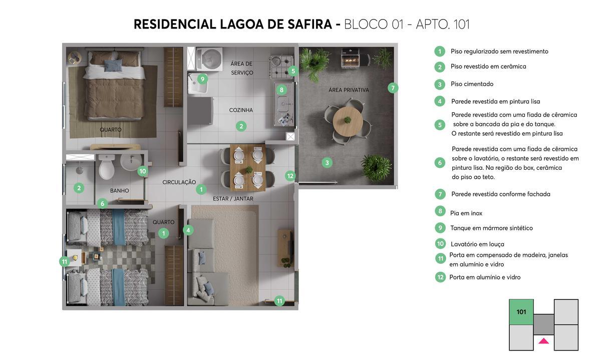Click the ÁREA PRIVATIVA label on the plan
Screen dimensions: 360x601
349,90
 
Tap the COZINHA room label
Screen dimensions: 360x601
241,110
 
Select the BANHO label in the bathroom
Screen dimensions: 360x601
119,191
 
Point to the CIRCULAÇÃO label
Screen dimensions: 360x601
179,182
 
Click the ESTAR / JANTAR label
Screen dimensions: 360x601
233,199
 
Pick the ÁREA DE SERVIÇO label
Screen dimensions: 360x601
241,68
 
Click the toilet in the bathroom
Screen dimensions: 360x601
107,168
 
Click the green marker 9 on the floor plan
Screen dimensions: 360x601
202,79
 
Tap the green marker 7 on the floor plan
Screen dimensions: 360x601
393,88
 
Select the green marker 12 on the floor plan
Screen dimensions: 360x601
290,176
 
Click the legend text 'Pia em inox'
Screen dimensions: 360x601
466,213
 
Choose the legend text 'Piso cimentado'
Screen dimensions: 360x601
472,84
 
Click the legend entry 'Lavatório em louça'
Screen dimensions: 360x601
477,244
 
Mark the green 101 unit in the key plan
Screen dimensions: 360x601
521,312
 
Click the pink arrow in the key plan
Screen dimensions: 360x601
543,341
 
